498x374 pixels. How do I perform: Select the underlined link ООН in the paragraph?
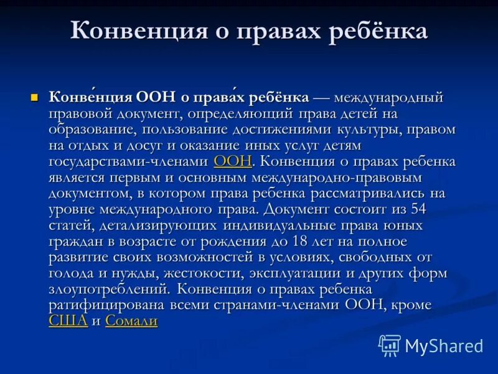232,162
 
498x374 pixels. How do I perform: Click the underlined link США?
68,321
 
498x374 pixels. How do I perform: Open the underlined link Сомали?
131,321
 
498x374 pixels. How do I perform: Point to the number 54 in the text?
418,209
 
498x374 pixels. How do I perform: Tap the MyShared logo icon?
390,345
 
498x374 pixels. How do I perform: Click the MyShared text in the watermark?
444,345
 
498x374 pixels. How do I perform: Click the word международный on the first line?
388,98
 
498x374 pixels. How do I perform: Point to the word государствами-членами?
128,162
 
